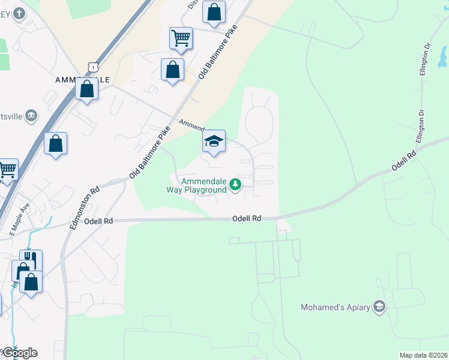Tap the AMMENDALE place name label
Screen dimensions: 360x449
(82, 79)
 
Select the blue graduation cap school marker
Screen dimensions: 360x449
(214, 142)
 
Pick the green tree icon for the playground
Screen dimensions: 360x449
(236, 185)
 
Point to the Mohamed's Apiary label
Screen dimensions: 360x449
(334, 308)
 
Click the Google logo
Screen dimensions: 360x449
(19, 353)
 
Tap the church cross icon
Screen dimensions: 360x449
(19, 13)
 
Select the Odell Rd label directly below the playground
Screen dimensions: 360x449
(247, 219)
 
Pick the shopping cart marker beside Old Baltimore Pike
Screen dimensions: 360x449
(181, 38)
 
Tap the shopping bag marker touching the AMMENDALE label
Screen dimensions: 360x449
(87, 90)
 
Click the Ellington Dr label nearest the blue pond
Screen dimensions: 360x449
(427, 58)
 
